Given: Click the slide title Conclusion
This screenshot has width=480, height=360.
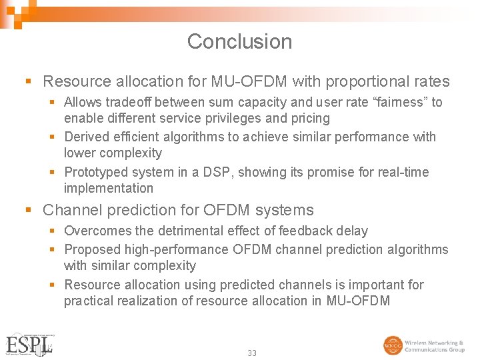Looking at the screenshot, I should click(x=239, y=41).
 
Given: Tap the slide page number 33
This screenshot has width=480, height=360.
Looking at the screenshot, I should click(x=251, y=353).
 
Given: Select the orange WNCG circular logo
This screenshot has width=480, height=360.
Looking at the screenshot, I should click(x=393, y=345).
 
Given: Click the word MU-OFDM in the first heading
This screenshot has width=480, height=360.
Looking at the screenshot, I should click(x=249, y=82).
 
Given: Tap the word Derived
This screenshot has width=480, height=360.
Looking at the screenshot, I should click(x=88, y=137).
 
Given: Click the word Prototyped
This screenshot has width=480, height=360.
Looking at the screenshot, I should click(x=96, y=173).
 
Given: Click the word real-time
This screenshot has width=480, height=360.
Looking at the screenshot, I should click(x=403, y=173).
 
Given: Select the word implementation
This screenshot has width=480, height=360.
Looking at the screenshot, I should click(x=108, y=189).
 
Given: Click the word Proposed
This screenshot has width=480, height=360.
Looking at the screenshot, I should click(x=92, y=250).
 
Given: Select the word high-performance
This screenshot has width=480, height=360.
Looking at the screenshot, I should click(x=177, y=250).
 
